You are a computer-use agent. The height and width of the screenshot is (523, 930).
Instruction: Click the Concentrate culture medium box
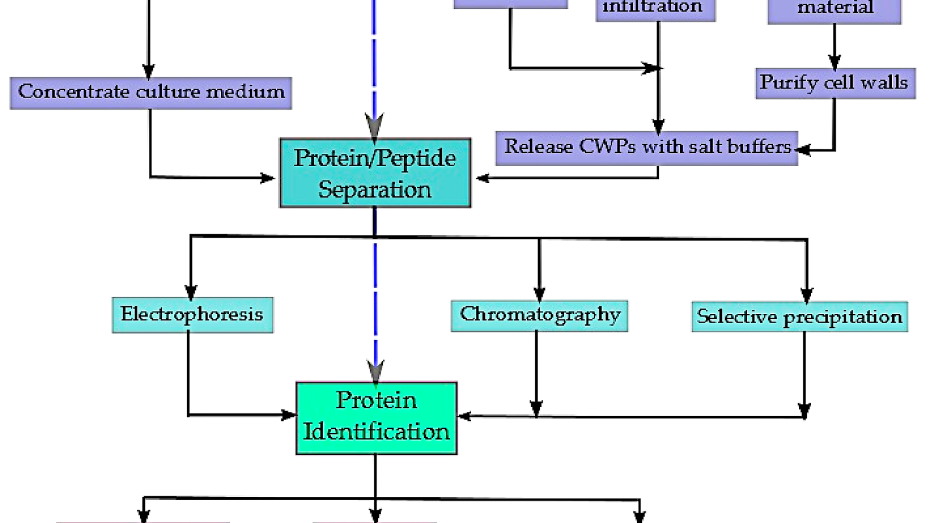[x=151, y=93]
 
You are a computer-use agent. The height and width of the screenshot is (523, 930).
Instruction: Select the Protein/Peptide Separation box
[x=375, y=173]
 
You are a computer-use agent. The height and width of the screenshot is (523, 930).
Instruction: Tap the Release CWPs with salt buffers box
[x=646, y=148]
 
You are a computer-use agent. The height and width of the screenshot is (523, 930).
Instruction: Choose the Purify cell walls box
[x=835, y=84]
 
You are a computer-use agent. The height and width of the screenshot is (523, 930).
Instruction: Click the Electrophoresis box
[x=192, y=315]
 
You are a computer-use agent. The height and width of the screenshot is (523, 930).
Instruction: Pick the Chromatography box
[x=539, y=316]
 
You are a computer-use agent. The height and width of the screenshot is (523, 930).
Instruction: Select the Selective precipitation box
[x=799, y=317]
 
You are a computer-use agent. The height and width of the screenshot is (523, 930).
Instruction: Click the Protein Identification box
[x=376, y=418]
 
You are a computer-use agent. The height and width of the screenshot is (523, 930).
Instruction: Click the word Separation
[x=375, y=190]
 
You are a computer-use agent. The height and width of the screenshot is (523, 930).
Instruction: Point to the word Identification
[x=376, y=432]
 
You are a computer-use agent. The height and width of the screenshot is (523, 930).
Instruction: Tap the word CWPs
[x=607, y=146]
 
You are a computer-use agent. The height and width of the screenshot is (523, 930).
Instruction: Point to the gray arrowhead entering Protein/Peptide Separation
[x=374, y=126]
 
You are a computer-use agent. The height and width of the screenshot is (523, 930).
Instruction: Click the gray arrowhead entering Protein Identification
[x=376, y=371]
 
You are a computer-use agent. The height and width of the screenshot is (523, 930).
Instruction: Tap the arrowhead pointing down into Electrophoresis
[x=191, y=292]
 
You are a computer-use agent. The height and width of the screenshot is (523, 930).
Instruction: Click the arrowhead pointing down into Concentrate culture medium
[x=149, y=71]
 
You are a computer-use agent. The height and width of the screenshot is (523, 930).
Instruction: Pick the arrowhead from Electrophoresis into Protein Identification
[x=289, y=415]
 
